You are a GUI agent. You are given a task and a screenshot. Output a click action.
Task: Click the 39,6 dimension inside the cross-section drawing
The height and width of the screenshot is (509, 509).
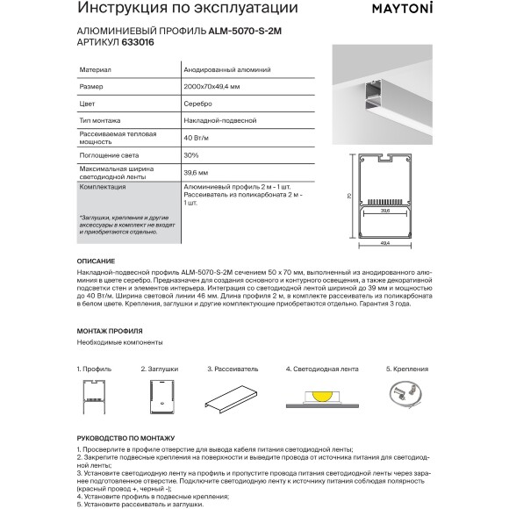385,211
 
